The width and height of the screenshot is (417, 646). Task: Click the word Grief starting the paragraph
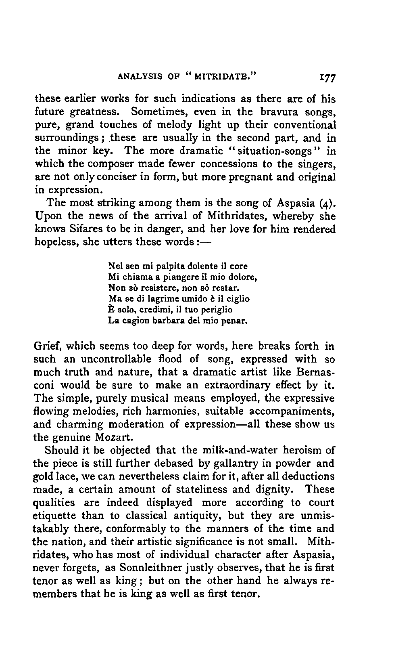(47, 346)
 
